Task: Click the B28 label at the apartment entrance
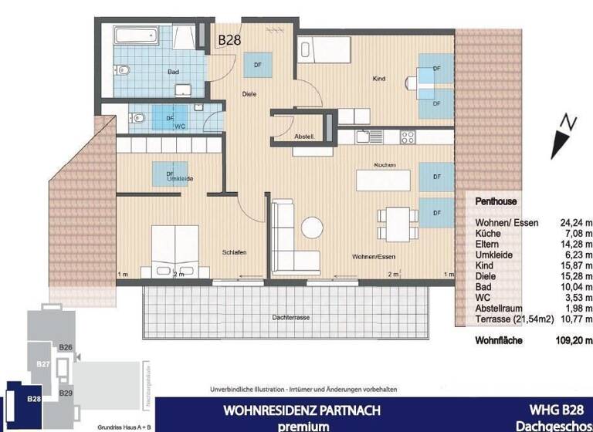(x=229, y=39)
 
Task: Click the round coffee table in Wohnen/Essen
(x=312, y=227)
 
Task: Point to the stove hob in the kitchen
(x=407, y=137)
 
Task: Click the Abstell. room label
(x=303, y=137)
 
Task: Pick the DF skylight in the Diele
(x=257, y=66)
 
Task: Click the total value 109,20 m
(x=574, y=340)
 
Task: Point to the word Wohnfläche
(x=499, y=340)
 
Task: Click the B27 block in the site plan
(x=43, y=363)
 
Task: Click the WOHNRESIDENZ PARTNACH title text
(x=302, y=410)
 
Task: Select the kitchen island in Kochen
(x=383, y=180)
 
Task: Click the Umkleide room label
(x=179, y=178)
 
